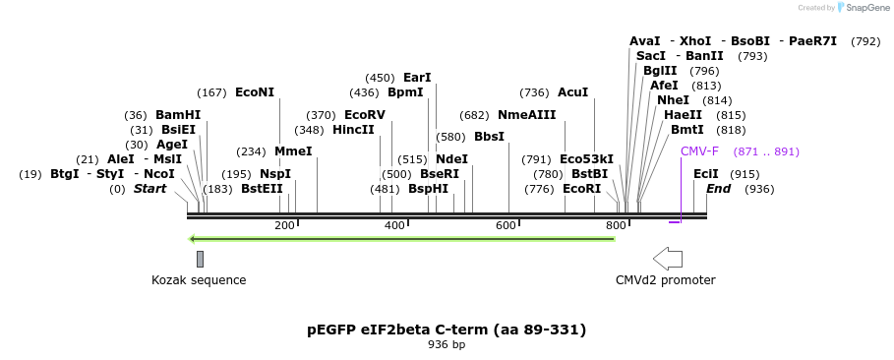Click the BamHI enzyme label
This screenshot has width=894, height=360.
pos(177,115)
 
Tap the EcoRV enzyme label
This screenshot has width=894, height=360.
pos(364,115)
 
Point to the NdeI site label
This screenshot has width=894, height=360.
pos(451,159)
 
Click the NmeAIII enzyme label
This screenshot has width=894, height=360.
pos(526,115)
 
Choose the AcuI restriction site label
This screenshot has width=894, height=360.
pos(572,92)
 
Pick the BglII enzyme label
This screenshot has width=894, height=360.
pos(660,71)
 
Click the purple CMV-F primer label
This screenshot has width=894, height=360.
pos(699,151)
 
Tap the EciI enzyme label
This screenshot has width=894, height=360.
pos(705,174)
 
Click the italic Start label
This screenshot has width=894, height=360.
pos(149,189)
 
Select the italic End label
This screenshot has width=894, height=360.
pos(718,189)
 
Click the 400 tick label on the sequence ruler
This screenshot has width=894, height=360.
pos(394,226)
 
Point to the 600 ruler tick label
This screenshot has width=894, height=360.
pos(506,226)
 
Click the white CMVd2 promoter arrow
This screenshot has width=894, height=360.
pos(668,259)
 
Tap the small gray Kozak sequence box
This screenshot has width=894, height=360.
pos(200,259)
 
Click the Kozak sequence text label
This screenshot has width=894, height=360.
pos(199,280)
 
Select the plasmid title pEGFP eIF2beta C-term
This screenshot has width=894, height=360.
pos(447,329)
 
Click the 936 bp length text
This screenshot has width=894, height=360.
pos(447,345)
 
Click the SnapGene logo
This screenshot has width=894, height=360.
pos(862,8)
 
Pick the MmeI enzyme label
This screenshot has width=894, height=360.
pos(293,151)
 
